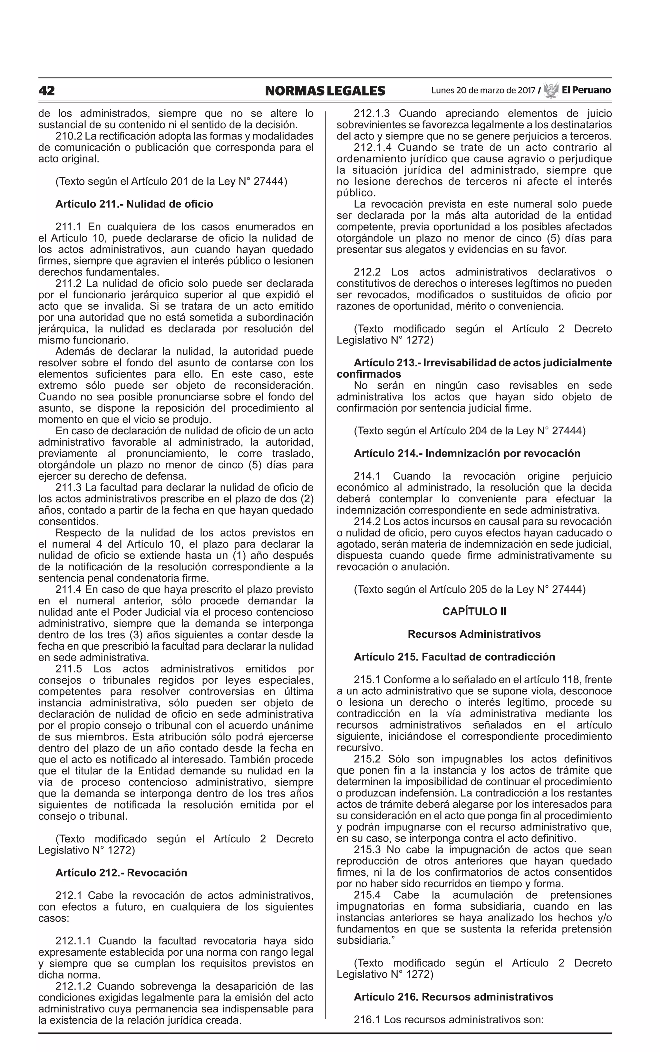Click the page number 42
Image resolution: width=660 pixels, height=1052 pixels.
tap(47, 91)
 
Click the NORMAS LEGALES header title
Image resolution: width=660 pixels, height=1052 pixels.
tap(325, 91)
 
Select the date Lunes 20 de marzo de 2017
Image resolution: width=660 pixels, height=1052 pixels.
tap(483, 91)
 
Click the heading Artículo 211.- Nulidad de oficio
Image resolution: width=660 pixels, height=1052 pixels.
tap(134, 204)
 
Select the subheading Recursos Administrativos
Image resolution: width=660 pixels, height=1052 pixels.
tap(474, 634)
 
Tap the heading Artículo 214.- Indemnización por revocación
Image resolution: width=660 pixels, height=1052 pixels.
tap(467, 453)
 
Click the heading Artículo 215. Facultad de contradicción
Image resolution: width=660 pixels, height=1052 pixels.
tap(454, 657)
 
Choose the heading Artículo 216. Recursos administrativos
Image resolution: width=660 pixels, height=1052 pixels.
tap(453, 997)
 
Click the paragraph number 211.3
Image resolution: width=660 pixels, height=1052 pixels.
tap(69, 487)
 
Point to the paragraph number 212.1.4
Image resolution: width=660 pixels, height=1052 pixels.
tap(373, 148)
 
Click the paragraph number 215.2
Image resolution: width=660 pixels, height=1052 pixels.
tap(367, 759)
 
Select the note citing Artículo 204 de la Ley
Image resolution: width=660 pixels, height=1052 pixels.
tap(469, 431)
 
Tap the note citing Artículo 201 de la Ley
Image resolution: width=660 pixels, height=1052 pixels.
tap(171, 181)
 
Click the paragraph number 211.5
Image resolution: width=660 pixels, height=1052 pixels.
tap(69, 669)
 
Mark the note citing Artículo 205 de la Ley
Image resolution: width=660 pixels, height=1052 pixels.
tap(469, 590)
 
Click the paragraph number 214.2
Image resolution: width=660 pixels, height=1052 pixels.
tap(367, 521)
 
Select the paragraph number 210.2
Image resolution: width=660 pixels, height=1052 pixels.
tap(69, 136)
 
